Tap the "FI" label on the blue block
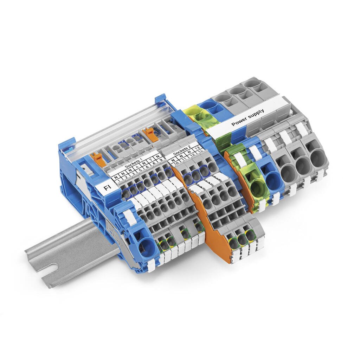coord(107,188)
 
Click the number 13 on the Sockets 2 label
coord(198,149)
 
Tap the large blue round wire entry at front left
coord(146,246)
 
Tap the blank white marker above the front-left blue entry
coord(130,218)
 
